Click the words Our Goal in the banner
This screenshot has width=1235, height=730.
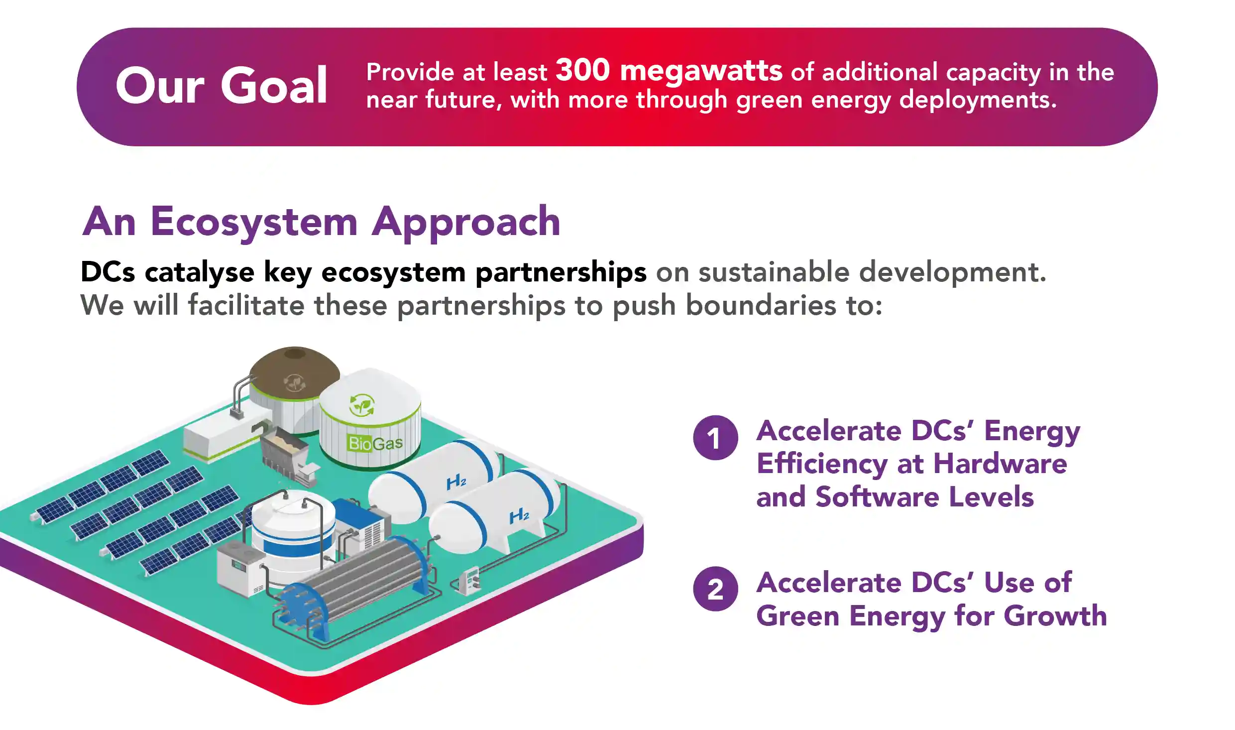222,86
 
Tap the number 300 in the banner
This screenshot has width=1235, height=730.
582,70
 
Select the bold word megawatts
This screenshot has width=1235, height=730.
701,71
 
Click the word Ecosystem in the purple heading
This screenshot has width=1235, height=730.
254,222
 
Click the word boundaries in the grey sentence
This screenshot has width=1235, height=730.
761,305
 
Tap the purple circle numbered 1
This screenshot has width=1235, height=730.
715,438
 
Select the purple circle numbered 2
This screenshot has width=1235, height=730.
715,589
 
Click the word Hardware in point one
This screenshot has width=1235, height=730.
1000,464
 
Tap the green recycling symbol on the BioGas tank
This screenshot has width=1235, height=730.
361,405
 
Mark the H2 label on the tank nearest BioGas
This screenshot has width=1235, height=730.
456,482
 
